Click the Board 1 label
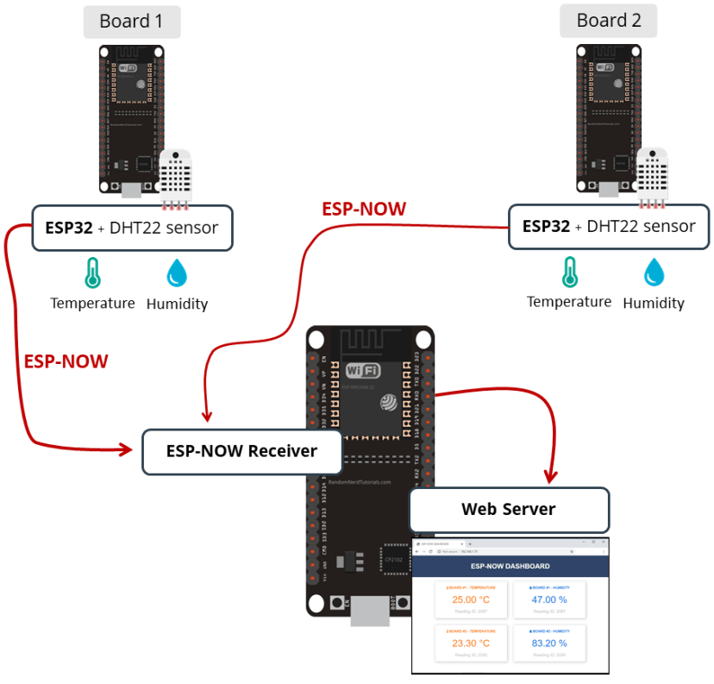pos(131,22)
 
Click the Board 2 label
pos(608,22)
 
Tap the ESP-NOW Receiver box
pos(229,450)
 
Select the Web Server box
pos(509,509)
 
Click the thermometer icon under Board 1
pos(92,273)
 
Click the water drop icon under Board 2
pos(654,272)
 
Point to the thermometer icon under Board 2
pos(569,272)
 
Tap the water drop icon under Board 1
pos(178,273)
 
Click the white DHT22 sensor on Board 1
pos(178,178)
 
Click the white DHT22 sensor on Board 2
pos(654,178)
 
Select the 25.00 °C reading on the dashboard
pos(471,599)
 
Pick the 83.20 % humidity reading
pos(548,643)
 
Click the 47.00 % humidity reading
pos(548,599)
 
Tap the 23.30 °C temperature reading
pos(471,643)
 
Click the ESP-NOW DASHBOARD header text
pos(510,567)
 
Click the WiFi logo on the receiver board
pos(363,371)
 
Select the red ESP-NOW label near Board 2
pos(363,209)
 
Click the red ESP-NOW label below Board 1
pos(66,361)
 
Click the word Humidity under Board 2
pos(654,303)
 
